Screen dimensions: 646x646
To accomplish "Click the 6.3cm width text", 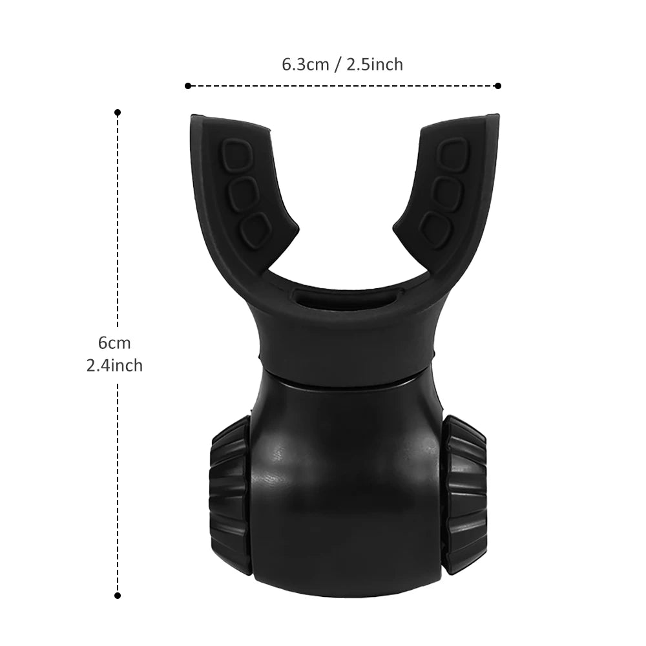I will pos(306,65).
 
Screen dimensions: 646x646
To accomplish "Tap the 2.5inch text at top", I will pos(375,65).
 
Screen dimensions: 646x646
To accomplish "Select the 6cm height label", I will pos(115,342).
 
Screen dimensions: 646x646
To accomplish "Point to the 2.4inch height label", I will pos(115,366).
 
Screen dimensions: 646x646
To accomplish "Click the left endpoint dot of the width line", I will pos(187,85).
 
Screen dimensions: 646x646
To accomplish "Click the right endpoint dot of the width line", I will pos(498,85).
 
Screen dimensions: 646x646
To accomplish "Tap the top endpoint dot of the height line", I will pos(118,112).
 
